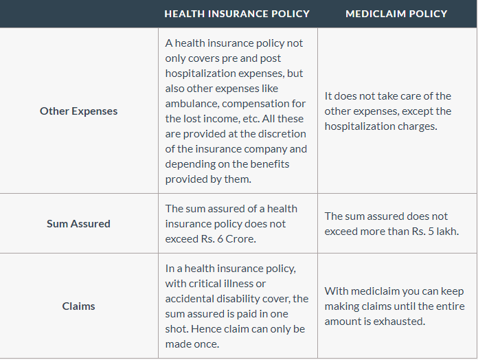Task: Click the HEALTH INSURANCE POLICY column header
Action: (x=237, y=14)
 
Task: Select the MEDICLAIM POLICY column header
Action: (x=396, y=14)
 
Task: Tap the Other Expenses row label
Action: (x=78, y=111)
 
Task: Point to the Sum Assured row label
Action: (x=78, y=223)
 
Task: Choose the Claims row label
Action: (x=78, y=306)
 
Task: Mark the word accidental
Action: (x=192, y=298)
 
